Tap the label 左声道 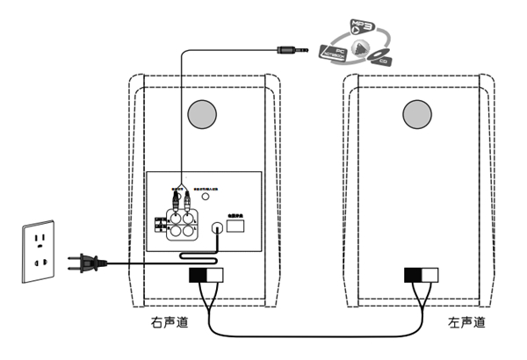click(x=466, y=323)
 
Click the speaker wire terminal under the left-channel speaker click(x=420, y=275)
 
